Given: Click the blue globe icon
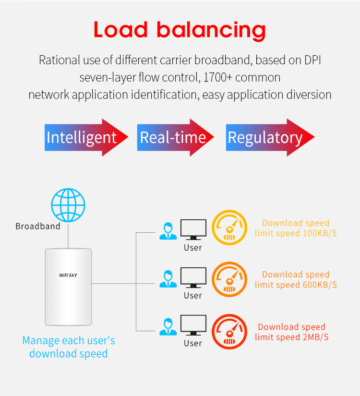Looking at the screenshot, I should click(68, 204).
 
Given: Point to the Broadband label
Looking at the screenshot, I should click(38, 226).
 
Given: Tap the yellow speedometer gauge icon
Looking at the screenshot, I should click(229, 228).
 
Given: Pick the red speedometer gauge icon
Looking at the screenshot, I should click(229, 331).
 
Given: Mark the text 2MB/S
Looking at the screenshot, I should click(315, 337).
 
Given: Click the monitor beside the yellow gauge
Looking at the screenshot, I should click(193, 229).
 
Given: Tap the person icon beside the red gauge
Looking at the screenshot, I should click(167, 326).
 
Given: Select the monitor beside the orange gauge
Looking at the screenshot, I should click(193, 277).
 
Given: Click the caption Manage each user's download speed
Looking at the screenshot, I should click(68, 347).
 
